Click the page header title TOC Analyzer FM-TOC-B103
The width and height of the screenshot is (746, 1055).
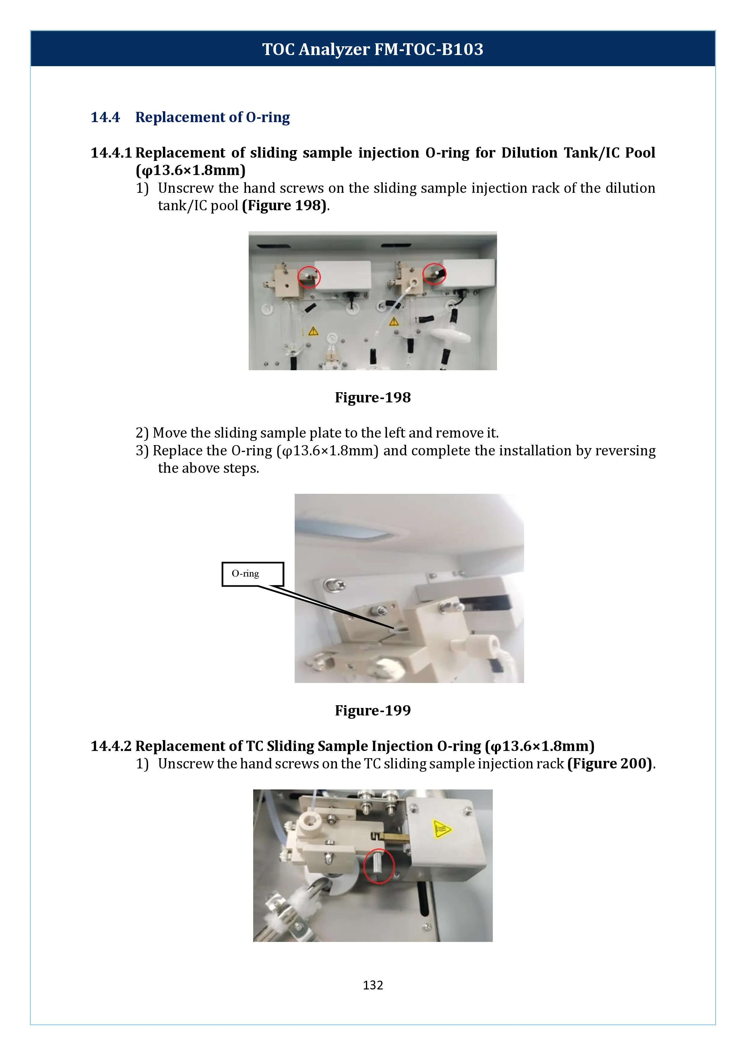click(x=373, y=49)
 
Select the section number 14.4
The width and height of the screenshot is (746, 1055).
click(x=105, y=117)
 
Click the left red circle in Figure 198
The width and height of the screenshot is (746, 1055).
click(x=309, y=277)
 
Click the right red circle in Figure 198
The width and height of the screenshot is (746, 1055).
click(x=434, y=274)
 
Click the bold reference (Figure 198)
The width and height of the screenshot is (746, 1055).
click(x=284, y=205)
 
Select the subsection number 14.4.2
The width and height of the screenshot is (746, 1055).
click(x=111, y=746)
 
